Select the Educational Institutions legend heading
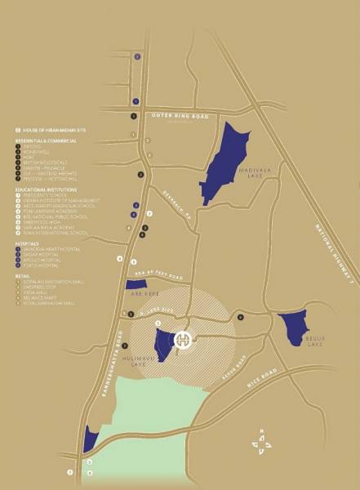(x=46, y=189)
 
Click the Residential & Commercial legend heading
(x=46, y=140)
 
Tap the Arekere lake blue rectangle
(x=136, y=284)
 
